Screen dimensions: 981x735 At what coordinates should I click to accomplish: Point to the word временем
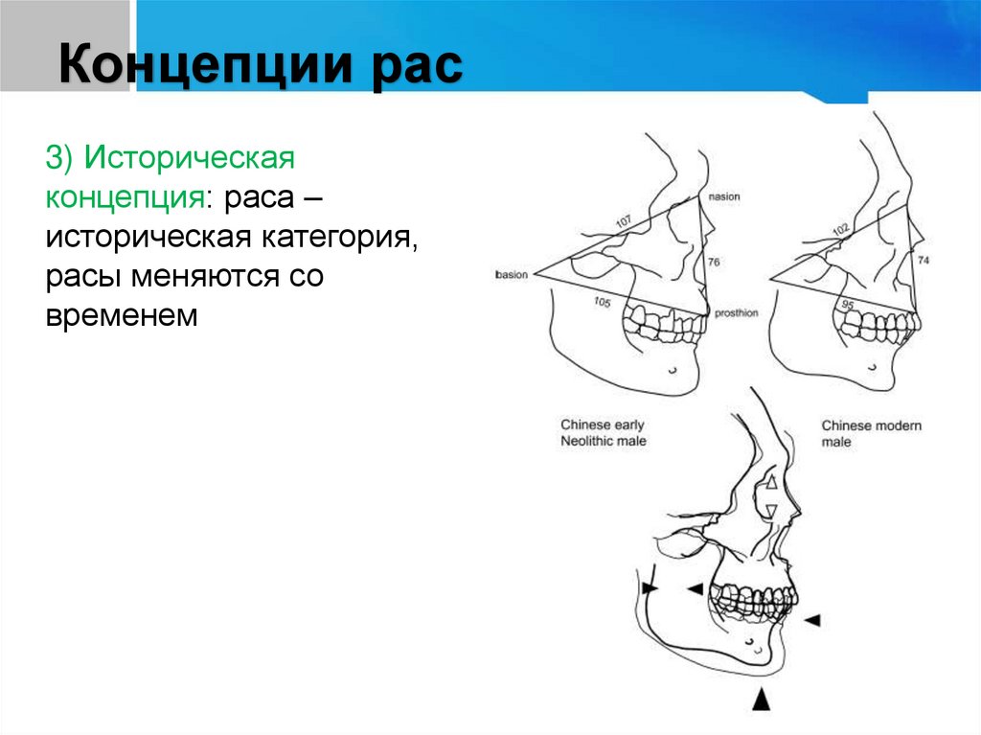point(120,315)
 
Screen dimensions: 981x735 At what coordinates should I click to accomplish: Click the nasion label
point(724,197)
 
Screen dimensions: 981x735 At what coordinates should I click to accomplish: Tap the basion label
point(512,275)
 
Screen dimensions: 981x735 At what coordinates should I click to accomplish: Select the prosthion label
point(735,312)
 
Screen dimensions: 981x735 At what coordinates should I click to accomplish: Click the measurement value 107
point(625,224)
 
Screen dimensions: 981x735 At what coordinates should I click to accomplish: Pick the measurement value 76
point(713,262)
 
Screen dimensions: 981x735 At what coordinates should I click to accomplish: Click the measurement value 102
point(841,231)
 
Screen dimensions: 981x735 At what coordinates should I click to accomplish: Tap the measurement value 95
point(847,304)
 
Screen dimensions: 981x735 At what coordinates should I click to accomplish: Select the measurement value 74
point(923,261)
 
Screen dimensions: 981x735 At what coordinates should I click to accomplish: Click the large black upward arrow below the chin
point(761,699)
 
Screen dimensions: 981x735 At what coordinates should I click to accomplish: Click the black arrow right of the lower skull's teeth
point(811,621)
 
